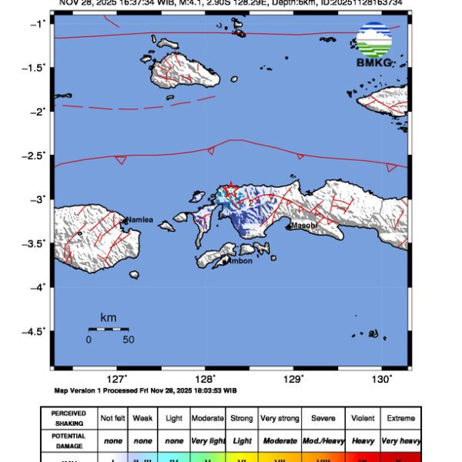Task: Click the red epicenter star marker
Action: point(229,189)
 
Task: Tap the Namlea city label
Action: point(140,220)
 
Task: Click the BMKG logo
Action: point(373,45)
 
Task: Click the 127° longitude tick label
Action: point(117,379)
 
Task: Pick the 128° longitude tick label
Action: point(206,379)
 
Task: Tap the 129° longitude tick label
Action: point(294,379)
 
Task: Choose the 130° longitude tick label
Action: point(383,379)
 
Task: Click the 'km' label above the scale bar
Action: point(109,317)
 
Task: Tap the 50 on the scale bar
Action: point(129,339)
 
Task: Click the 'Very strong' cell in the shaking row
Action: point(279,418)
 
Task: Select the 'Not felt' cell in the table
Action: point(114,418)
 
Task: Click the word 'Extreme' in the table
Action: point(401,418)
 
